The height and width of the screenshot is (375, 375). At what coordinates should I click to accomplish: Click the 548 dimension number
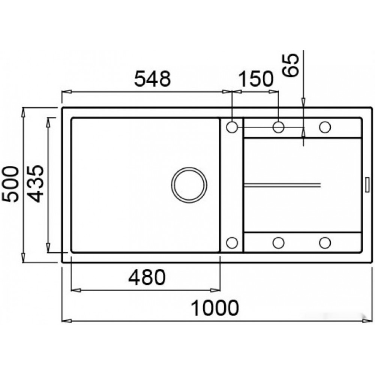pyautogui.click(x=153, y=79)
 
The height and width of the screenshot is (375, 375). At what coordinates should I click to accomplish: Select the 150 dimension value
pyautogui.click(x=256, y=79)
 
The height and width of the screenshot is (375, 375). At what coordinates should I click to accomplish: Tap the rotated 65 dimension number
pyautogui.click(x=291, y=65)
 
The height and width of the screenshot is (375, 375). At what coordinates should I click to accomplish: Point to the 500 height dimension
pyautogui.click(x=10, y=184)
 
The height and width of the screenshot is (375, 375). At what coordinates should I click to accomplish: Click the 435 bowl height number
pyautogui.click(x=35, y=183)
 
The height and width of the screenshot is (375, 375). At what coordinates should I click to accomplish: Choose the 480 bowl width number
pyautogui.click(x=147, y=277)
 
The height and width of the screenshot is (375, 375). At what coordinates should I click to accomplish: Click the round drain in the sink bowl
pyautogui.click(x=189, y=185)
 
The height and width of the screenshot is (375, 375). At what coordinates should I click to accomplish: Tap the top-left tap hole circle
pyautogui.click(x=232, y=127)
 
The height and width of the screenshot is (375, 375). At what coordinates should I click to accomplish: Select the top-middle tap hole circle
pyautogui.click(x=278, y=127)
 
